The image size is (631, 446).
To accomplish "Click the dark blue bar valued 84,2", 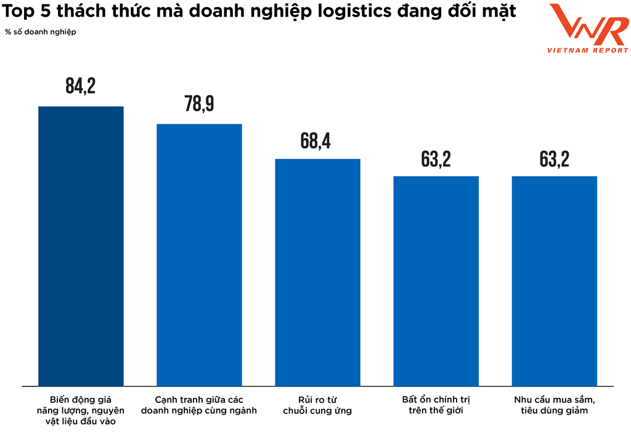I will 81,246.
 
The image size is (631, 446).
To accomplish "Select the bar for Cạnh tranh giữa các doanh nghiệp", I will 199,255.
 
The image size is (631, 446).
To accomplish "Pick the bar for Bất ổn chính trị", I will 436,281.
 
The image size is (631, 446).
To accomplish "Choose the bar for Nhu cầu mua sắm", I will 554,281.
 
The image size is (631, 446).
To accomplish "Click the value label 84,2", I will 81,86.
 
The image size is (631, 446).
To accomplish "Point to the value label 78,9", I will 199,104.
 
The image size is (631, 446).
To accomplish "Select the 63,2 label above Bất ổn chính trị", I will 436,159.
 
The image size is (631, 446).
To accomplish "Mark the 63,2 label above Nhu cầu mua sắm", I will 554,159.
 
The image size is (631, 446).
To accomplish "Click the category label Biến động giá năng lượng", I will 81,410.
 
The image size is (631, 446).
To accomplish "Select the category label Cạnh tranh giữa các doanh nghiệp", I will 199,405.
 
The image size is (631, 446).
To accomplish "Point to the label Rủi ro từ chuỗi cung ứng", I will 317,405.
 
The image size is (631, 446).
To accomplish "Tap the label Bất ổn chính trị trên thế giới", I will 436,405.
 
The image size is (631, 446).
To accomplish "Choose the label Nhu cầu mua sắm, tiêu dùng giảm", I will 554,405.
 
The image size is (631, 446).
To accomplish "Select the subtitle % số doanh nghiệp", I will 41,31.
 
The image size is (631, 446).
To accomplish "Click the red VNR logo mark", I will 588,26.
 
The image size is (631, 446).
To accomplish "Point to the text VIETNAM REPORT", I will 588,51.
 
